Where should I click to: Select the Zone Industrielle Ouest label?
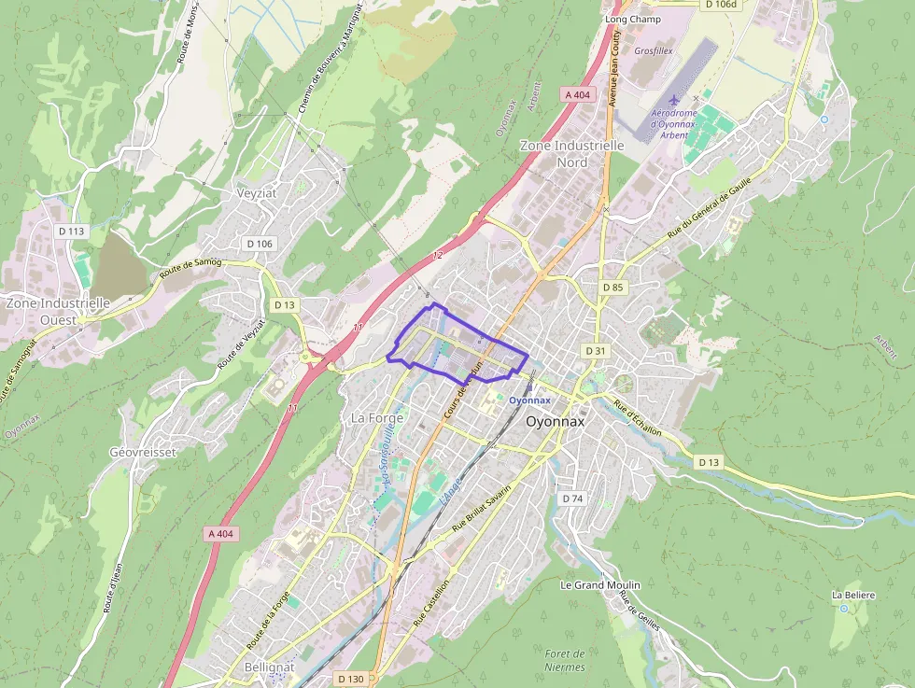(57, 311)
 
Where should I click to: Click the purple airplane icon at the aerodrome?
(674, 100)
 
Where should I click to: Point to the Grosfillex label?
(654, 51)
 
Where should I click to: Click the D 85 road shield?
(612, 287)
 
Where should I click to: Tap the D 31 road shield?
(595, 350)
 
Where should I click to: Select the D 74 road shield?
(572, 498)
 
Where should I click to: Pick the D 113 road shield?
(71, 232)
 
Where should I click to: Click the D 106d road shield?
(720, 4)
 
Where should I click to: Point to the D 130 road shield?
(350, 679)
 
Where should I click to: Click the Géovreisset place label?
(143, 452)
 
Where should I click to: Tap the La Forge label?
(376, 418)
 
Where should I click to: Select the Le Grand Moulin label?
(599, 585)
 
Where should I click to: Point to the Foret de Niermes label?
(564, 660)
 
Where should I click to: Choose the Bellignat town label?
(269, 667)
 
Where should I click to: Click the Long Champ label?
(632, 19)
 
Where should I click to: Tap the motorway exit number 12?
(437, 255)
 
